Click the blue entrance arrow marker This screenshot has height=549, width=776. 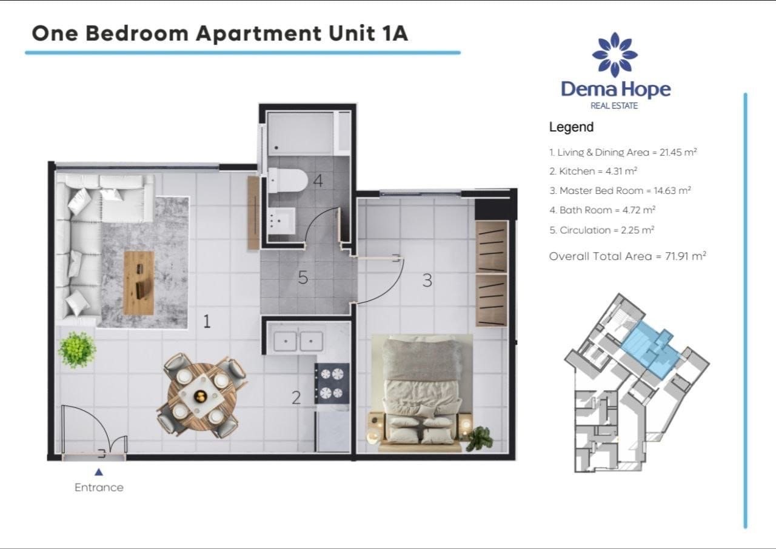point(99,472)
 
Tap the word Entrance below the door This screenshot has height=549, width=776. point(99,487)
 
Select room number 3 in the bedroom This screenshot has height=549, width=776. point(427,281)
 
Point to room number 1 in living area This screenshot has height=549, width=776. point(207,321)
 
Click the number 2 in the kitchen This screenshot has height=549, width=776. point(296,398)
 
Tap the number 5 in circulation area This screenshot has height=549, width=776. point(303,278)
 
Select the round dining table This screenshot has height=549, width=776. point(201,397)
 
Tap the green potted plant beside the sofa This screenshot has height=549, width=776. point(77,349)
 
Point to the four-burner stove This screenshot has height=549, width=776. point(332,383)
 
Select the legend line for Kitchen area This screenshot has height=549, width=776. point(593,171)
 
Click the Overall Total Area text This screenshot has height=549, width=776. point(627,256)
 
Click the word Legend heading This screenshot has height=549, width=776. point(571,127)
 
